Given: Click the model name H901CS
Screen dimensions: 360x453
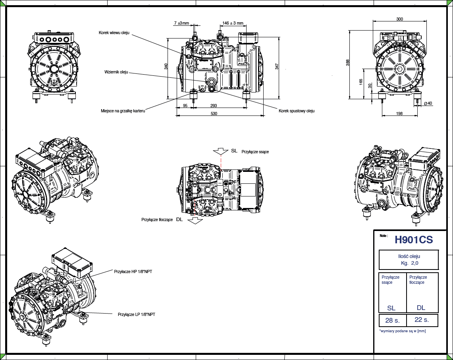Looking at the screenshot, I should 413,240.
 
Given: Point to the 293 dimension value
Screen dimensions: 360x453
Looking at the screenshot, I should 214,106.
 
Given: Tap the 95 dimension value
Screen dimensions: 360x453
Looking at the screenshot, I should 185,106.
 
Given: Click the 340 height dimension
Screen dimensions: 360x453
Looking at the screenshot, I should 166,66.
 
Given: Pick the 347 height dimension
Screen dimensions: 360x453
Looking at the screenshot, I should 277,66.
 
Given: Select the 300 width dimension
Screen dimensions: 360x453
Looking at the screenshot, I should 399,19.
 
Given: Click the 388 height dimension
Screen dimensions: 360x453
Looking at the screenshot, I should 347,62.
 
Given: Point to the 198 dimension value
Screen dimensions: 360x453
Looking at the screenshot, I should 399,114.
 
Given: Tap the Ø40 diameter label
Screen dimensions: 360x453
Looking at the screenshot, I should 428,104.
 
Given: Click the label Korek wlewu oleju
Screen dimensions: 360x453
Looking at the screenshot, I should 114,33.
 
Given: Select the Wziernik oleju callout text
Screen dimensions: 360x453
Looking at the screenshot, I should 116,72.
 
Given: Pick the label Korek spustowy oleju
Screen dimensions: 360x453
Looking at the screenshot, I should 297,111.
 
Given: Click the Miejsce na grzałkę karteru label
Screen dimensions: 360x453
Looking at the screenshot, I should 123,111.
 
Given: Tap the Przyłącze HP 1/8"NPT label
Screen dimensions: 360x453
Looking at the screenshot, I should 133,271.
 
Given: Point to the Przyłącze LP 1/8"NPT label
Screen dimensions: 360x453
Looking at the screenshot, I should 137,314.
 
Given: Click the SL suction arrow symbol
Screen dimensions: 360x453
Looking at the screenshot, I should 220,152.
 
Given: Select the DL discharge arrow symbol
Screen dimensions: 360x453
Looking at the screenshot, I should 195,221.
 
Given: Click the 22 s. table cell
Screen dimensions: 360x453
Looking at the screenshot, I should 421,320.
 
